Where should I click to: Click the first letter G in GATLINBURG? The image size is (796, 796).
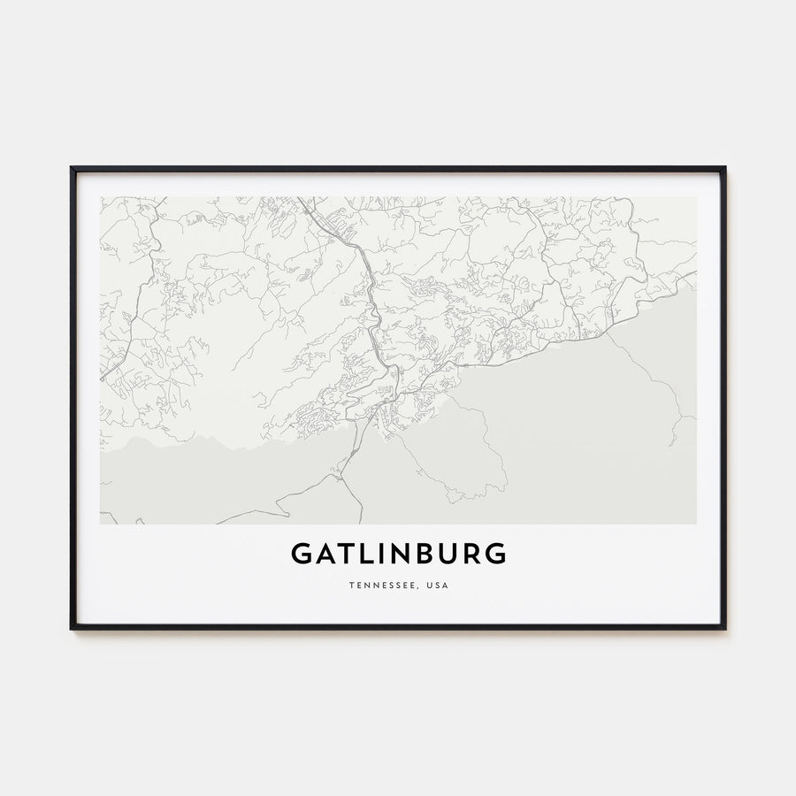301,554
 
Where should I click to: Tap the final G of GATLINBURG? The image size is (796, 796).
496,554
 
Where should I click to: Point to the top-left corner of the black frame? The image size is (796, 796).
72,168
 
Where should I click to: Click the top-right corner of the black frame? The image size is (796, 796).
724,168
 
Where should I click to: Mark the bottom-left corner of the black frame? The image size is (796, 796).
72,628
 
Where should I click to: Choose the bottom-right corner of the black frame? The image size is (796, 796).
724,628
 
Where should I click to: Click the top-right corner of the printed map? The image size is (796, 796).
696,197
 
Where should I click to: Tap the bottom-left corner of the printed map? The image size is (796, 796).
100,524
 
